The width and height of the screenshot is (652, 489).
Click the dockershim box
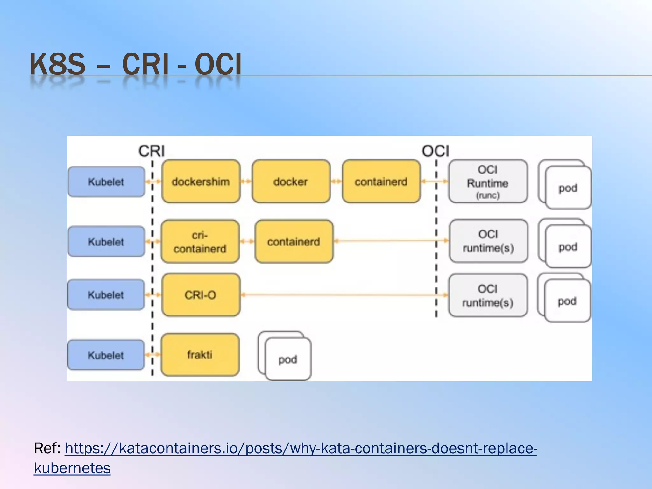tap(201, 181)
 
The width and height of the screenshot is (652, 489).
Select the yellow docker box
tap(291, 181)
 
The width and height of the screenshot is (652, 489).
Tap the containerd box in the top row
tap(381, 181)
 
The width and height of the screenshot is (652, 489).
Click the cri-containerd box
tap(200, 242)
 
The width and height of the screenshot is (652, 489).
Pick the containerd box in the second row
tap(294, 242)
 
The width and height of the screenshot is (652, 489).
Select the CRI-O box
tap(201, 295)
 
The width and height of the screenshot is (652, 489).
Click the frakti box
tap(200, 355)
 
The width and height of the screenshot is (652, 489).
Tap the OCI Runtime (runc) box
tap(488, 181)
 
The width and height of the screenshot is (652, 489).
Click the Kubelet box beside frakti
tap(106, 355)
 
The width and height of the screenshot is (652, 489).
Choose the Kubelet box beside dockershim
tap(106, 181)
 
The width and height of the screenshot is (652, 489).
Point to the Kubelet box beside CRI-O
tap(106, 295)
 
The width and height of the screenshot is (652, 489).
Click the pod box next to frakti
tap(288, 359)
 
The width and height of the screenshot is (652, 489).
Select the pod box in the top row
tap(568, 188)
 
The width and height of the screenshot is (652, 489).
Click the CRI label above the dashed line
tap(152, 151)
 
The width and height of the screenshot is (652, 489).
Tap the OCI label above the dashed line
tap(436, 151)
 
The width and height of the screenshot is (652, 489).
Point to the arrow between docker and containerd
tap(336, 181)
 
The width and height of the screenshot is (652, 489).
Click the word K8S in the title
tap(57, 64)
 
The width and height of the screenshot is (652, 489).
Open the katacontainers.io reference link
tap(301, 448)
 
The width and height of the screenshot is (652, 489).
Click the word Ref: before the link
tap(47, 448)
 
